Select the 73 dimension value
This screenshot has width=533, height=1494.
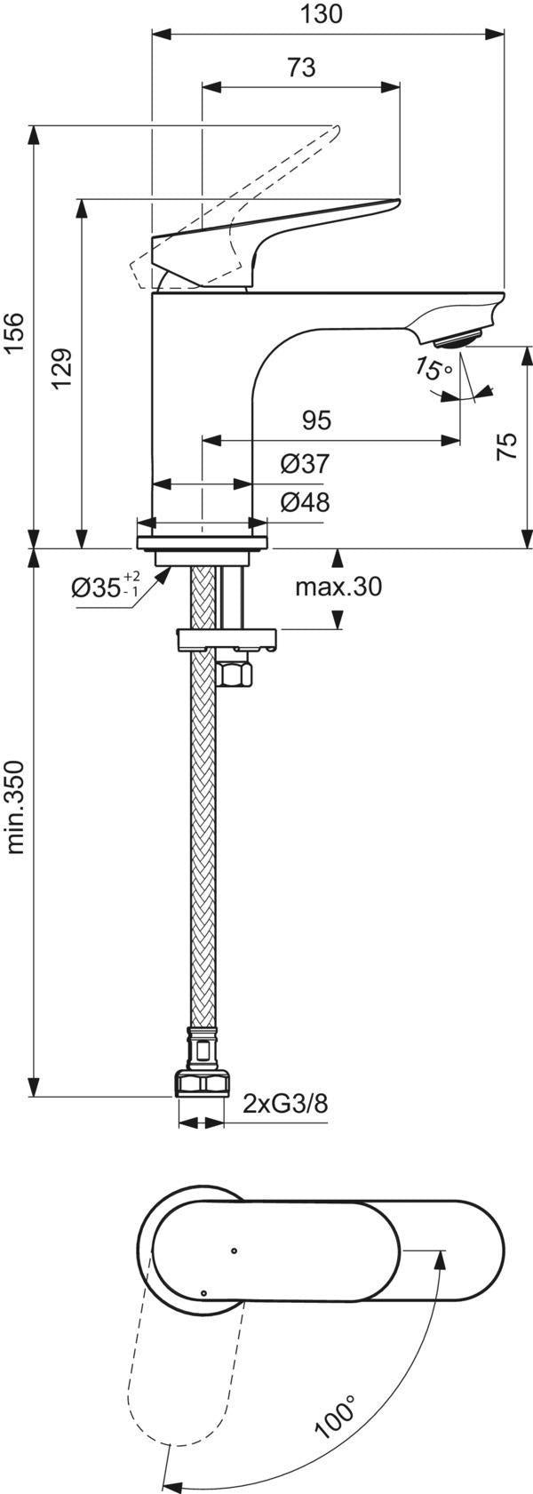pyautogui.click(x=301, y=68)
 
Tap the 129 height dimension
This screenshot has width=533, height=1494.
pyautogui.click(x=62, y=369)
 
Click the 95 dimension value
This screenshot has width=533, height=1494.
pyautogui.click(x=316, y=420)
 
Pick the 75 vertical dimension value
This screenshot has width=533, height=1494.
pyautogui.click(x=507, y=445)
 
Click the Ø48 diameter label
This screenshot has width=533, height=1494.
pyautogui.click(x=305, y=501)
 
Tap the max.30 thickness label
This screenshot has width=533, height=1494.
pyautogui.click(x=338, y=587)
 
